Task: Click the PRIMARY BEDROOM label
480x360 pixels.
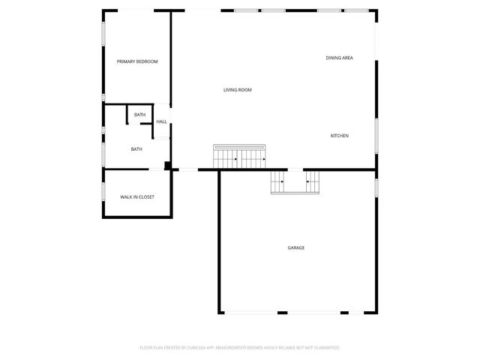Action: (x=137, y=61)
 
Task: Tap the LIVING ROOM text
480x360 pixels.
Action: (x=237, y=90)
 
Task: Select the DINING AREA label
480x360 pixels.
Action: (x=339, y=58)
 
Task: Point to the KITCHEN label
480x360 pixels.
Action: (x=340, y=136)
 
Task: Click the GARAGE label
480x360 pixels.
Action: (x=296, y=247)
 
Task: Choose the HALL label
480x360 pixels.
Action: (x=161, y=121)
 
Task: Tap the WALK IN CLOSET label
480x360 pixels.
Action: (x=137, y=196)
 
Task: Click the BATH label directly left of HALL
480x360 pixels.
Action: (x=140, y=115)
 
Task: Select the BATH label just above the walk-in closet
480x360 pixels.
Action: (x=136, y=149)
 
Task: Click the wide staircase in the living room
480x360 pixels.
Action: (x=241, y=157)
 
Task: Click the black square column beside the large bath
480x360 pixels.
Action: (x=168, y=166)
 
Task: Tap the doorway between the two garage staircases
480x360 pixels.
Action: (x=295, y=169)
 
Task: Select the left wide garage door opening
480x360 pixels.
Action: (x=251, y=313)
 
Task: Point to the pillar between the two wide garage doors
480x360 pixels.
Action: (x=283, y=313)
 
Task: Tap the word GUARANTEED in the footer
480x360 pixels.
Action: (x=325, y=348)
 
